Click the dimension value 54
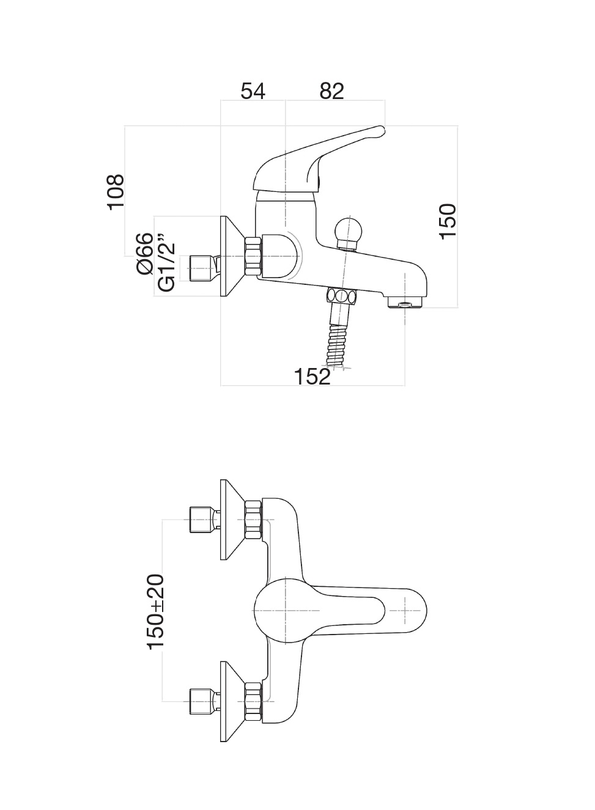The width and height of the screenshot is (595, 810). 253,91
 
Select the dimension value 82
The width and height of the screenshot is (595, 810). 332,91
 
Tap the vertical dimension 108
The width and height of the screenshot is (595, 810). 115,192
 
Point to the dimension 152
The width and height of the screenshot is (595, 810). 312,377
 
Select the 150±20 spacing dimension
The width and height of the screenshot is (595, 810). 155,611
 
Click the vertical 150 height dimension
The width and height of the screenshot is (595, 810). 448,221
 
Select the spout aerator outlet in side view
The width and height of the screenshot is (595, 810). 404,303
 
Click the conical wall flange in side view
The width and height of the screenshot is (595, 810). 231,257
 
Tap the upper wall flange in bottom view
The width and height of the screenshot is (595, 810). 231,520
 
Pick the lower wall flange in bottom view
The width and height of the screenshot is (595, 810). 231,702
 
